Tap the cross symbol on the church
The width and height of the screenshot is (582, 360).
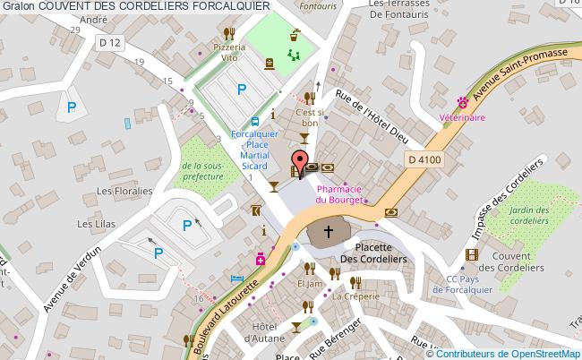click(x=329, y=232)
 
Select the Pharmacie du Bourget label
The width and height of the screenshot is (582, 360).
click(x=338, y=194)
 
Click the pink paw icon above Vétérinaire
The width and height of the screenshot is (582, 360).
click(x=462, y=102)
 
